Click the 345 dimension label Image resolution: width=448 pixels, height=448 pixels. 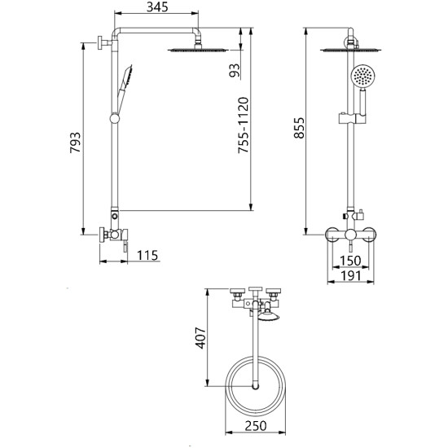pos(157,7)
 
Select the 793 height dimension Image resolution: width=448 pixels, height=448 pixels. pos(76,143)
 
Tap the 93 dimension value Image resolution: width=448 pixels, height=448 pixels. pos(235,70)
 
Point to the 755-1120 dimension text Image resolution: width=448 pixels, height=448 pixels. pos(244,125)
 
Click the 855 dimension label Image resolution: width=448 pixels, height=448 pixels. pos(300,128)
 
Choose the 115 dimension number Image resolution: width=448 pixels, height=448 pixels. pos(147,256)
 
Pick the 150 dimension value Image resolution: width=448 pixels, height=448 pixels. pos(350,261)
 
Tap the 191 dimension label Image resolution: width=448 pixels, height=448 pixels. pos(351,275)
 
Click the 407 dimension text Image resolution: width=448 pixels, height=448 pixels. pos(200,338)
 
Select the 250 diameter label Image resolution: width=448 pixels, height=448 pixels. pos(256,426)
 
